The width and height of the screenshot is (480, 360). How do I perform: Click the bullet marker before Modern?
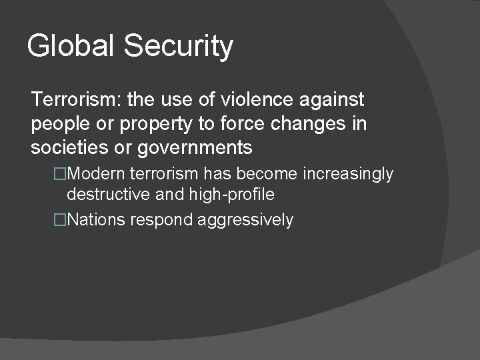(x=61, y=174)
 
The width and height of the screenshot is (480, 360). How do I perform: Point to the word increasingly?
(x=348, y=174)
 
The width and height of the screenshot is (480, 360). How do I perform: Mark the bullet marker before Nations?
(x=61, y=220)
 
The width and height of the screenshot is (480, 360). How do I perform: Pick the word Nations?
(x=96, y=220)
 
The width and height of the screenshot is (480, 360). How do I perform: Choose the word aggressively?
(x=246, y=220)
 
